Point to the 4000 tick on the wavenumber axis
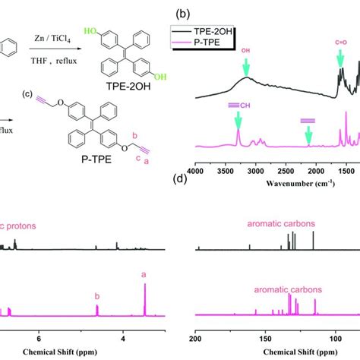(x=196, y=172)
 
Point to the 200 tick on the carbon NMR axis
(x=197, y=341)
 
